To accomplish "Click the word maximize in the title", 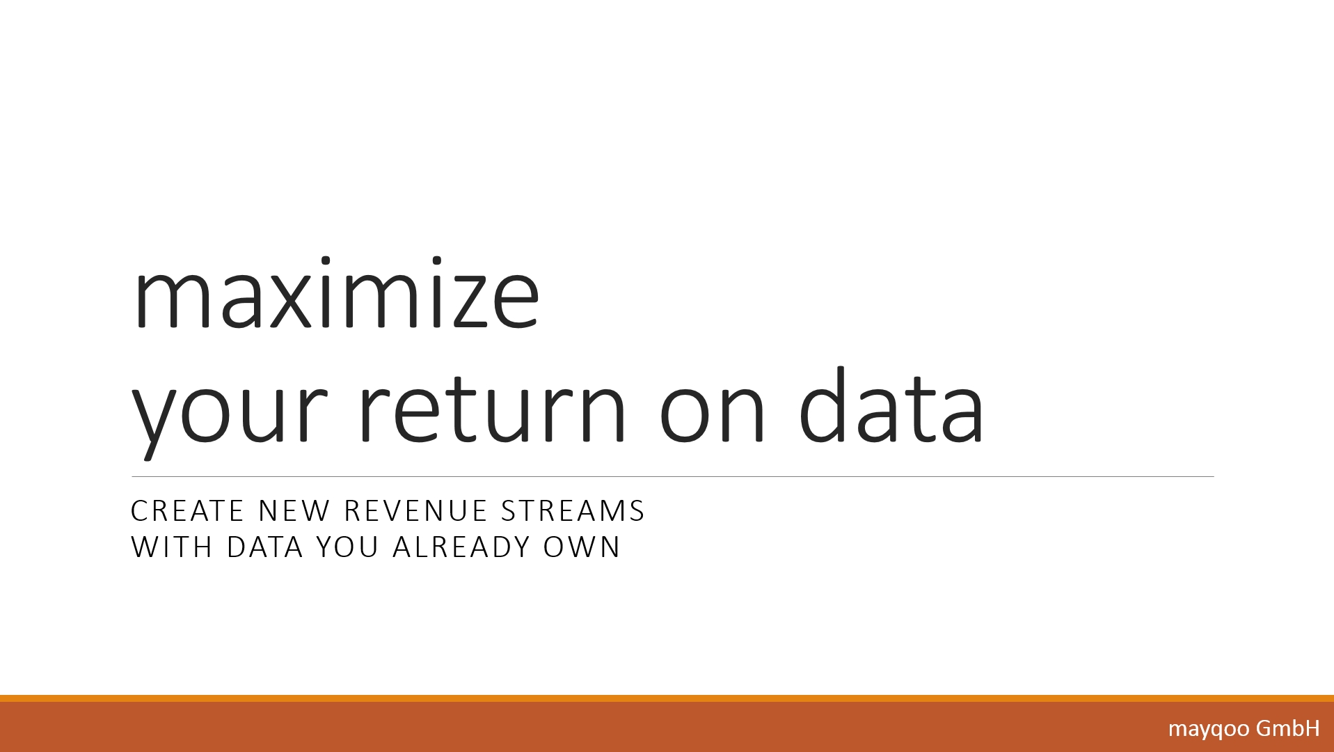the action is [x=336, y=293].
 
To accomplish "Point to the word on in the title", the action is [x=713, y=414].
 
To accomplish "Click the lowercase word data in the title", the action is [x=891, y=405].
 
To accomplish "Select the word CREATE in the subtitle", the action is [x=186, y=511].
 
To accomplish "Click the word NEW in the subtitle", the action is [x=294, y=511].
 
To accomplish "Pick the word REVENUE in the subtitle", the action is [x=415, y=511].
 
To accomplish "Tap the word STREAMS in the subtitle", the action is [x=573, y=511].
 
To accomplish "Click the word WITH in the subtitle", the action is [x=172, y=547].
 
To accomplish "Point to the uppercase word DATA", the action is [x=265, y=547].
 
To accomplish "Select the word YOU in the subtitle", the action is [x=347, y=547].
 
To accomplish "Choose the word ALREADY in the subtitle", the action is [x=461, y=547].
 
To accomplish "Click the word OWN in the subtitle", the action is [x=582, y=547].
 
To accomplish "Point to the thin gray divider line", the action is [x=672, y=477].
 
